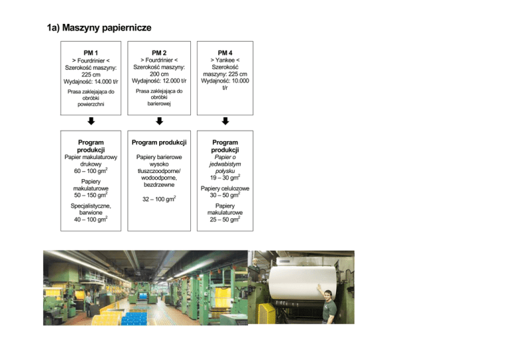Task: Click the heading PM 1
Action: (91, 52)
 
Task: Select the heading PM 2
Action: (158, 52)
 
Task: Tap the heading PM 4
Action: (225, 52)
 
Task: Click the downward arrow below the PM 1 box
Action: (91, 121)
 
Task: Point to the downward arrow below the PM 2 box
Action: (158, 121)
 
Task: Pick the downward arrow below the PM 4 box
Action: (225, 121)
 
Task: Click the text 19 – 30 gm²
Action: (225, 178)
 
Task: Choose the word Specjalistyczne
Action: (91, 207)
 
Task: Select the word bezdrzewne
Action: (158, 186)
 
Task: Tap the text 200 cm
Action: (158, 75)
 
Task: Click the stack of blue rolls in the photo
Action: (137, 318)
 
